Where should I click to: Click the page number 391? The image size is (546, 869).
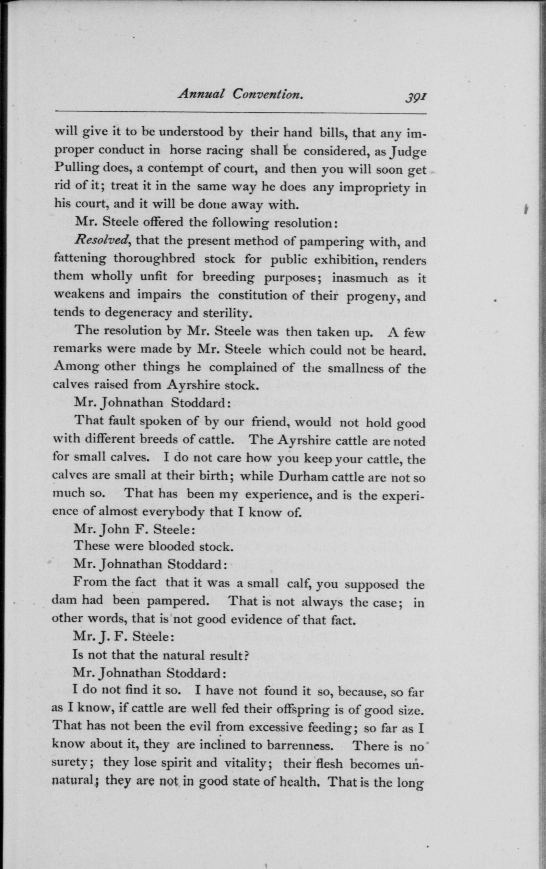point(416,97)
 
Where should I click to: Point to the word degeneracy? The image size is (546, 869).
point(138,313)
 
